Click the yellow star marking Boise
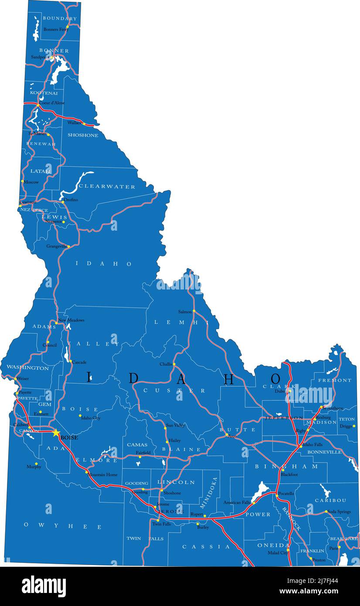[56, 433]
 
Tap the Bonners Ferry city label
[56, 29]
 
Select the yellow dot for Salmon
[194, 311]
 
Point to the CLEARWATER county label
[107, 187]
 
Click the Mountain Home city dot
[87, 472]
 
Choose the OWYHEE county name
[63, 527]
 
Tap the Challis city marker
[174, 364]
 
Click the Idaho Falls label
[312, 444]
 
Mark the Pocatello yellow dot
[277, 495]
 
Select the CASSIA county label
[206, 547]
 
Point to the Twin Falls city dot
[158, 520]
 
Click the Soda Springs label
[339, 511]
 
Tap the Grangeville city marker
[68, 247]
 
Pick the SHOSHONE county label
[83, 135]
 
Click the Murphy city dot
[36, 463]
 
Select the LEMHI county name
[179, 322]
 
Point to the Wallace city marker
[83, 123]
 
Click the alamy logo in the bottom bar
[44, 586]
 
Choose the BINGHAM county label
[287, 466]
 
